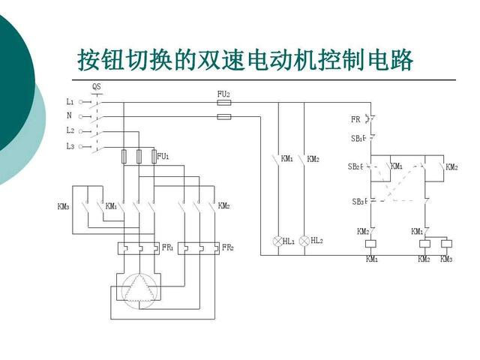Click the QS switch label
click(97, 87)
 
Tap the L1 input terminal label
click(70, 102)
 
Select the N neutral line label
click(69, 115)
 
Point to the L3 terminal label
click(70, 146)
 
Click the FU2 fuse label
click(223, 94)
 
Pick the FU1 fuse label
click(163, 157)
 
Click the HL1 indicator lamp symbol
click(277, 241)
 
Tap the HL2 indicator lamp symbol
click(304, 241)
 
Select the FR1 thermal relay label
click(167, 247)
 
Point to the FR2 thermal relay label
click(227, 247)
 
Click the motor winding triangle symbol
click(139, 288)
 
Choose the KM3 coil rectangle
click(446, 244)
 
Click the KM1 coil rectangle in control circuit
click(371, 244)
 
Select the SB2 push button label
click(355, 166)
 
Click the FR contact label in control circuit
click(355, 119)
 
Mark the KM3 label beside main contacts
click(63, 206)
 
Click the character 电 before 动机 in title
click(259, 59)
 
